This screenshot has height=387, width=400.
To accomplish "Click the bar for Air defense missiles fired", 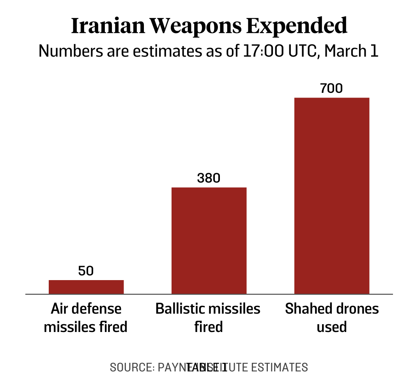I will (x=86, y=287).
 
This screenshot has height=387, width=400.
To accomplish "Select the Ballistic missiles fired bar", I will (x=209, y=240).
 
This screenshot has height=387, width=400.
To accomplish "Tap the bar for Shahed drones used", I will (x=332, y=195).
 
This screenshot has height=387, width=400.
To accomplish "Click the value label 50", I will (x=86, y=271).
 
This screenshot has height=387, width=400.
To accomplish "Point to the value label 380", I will (x=209, y=178).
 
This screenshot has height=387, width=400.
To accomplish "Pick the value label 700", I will (x=331, y=89).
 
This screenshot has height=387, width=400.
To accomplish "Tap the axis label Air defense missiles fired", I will (x=86, y=318).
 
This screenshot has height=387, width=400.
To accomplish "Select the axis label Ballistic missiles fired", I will (x=208, y=318).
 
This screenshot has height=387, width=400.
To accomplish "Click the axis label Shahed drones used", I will (x=332, y=318).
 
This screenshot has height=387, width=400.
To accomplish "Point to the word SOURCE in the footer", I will (x=130, y=367).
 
